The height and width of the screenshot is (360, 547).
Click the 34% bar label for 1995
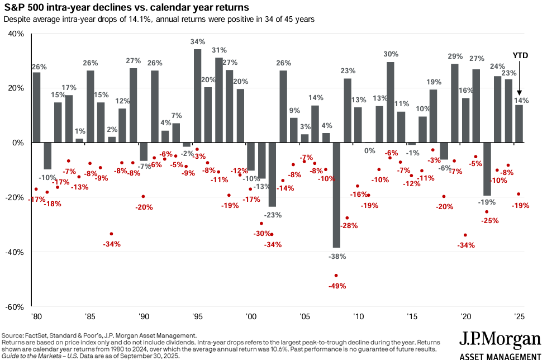197,42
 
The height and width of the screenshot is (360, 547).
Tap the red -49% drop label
337,286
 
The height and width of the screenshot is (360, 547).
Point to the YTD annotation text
520,55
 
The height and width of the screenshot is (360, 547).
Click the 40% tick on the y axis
16,34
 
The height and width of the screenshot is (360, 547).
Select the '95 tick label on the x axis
197,316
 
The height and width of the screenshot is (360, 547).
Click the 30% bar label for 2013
391,54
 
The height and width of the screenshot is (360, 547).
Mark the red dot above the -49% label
336,276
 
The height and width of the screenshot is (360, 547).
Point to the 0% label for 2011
369,150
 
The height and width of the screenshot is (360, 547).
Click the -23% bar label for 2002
273,215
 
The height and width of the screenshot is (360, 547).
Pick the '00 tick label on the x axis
251,316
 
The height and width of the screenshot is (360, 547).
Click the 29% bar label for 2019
455,56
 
